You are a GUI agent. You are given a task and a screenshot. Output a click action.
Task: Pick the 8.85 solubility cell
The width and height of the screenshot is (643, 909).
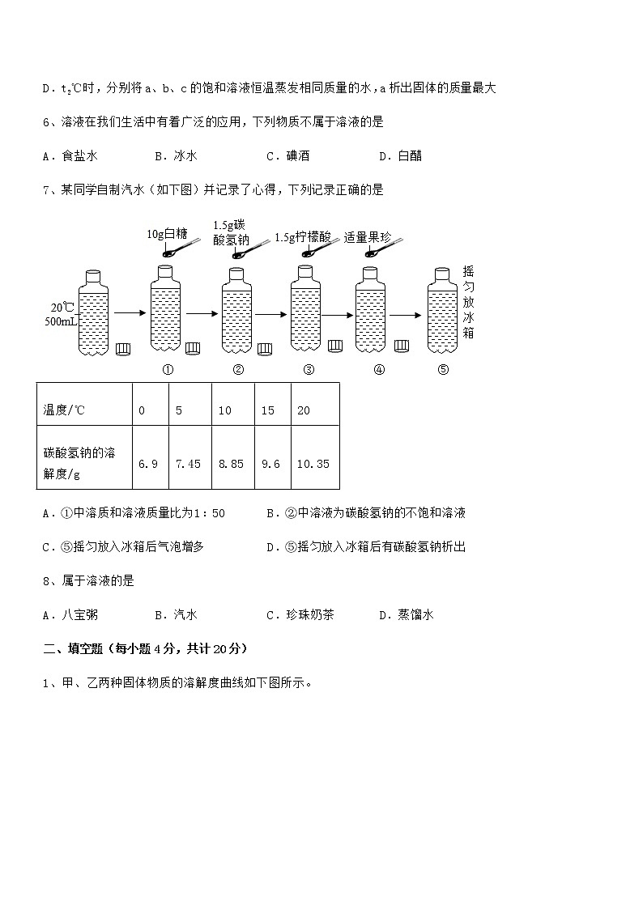(x=231, y=464)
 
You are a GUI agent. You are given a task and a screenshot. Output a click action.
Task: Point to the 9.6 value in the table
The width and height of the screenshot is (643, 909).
(x=270, y=464)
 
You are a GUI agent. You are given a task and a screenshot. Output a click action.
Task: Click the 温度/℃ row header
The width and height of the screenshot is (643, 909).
(x=64, y=410)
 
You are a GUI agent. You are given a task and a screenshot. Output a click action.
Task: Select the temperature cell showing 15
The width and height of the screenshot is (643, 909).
(x=268, y=410)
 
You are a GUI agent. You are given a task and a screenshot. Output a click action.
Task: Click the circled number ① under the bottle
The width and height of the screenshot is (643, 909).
(x=168, y=370)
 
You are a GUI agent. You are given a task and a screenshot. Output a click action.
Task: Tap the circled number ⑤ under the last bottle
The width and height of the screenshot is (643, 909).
(x=442, y=370)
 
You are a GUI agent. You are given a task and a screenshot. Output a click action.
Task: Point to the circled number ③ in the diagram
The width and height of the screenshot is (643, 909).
(x=309, y=370)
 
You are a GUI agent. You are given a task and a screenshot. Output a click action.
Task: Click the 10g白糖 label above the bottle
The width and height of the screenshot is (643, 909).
(x=167, y=234)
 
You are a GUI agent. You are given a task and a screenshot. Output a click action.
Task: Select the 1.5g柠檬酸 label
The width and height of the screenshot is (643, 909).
(x=303, y=237)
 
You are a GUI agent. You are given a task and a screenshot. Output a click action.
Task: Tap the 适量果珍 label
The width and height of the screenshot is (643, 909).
(x=368, y=237)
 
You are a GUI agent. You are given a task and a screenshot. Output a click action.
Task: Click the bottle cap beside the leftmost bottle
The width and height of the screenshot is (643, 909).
(x=123, y=349)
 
